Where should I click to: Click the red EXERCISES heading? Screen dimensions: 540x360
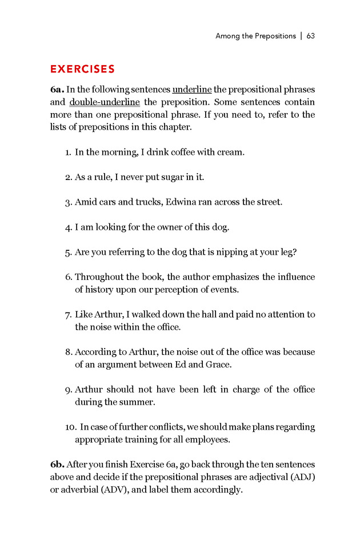82,69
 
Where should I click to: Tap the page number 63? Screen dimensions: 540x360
311,36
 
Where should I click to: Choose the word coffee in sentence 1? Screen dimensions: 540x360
190,153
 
